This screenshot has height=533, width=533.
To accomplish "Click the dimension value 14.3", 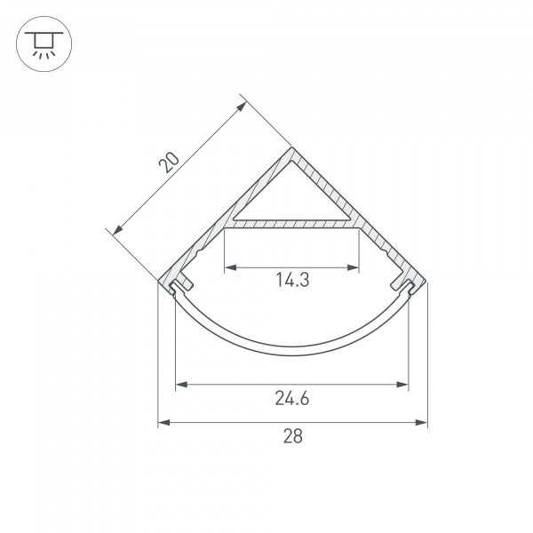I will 291,281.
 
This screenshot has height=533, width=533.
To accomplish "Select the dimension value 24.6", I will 291,398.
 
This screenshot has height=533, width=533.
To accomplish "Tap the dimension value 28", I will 292,436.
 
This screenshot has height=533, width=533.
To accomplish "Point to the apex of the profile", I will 292,150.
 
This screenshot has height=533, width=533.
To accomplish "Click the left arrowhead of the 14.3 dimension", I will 227,266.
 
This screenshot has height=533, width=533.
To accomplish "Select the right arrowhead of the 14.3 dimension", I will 357,266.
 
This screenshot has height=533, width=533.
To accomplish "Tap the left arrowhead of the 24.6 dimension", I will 180,385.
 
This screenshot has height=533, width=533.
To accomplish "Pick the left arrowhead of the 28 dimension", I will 163,423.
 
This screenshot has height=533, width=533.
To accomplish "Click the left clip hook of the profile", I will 180,285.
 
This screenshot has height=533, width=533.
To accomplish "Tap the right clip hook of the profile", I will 405,285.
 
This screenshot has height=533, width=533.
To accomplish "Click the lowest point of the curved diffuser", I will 292,352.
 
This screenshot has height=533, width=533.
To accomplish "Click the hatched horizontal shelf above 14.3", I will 292,225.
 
